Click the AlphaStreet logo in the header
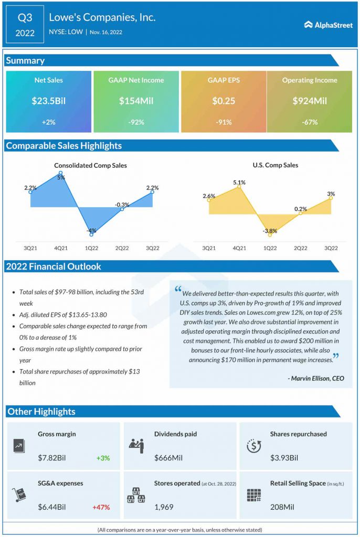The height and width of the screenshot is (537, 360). click(x=329, y=25)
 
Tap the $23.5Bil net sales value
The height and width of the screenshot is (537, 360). click(x=48, y=101)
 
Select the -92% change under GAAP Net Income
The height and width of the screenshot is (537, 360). click(x=136, y=122)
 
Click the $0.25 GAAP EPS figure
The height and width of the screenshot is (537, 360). click(x=223, y=101)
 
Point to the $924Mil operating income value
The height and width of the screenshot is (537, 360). click(x=310, y=101)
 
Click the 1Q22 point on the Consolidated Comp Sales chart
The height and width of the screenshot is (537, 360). click(x=91, y=234)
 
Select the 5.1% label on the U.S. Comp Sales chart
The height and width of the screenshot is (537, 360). click(x=239, y=182)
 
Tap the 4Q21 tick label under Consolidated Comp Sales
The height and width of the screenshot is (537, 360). click(x=61, y=248)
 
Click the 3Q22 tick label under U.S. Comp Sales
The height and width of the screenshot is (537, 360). click(x=331, y=248)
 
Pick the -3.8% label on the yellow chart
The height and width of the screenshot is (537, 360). click(x=270, y=230)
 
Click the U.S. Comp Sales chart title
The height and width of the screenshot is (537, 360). click(x=275, y=165)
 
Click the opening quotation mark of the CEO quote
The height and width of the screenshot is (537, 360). click(x=178, y=291)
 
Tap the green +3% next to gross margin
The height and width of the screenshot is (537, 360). click(x=103, y=458)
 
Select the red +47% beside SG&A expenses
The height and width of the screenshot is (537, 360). click(x=101, y=507)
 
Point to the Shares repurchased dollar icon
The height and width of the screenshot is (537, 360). click(x=254, y=446)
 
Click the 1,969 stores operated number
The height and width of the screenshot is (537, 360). click(x=164, y=507)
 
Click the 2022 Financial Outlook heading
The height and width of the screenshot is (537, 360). click(x=54, y=266)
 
